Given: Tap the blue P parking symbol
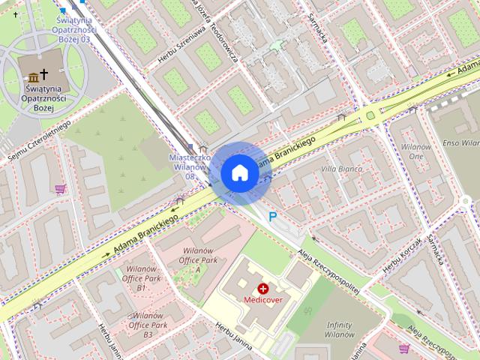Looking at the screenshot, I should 273,217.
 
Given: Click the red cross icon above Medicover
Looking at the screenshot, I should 263,288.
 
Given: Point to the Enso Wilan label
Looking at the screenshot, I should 460,142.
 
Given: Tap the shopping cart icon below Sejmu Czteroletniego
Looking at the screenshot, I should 60,189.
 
